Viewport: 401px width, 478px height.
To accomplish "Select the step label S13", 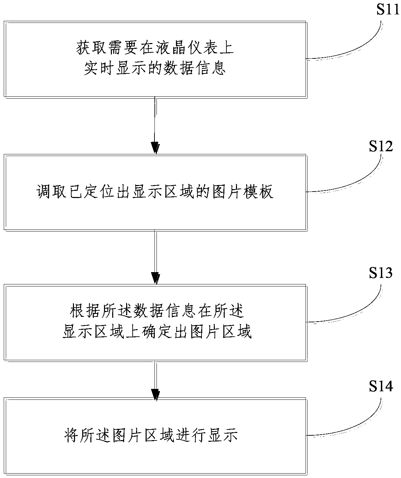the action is coord(381,273).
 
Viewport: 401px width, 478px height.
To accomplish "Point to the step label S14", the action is coord(381,386).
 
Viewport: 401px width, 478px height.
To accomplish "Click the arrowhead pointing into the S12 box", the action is coord(155,148).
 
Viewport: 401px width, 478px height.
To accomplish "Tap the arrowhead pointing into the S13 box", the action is coord(155,278).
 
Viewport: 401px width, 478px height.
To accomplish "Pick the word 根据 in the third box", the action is coord(85,311).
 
